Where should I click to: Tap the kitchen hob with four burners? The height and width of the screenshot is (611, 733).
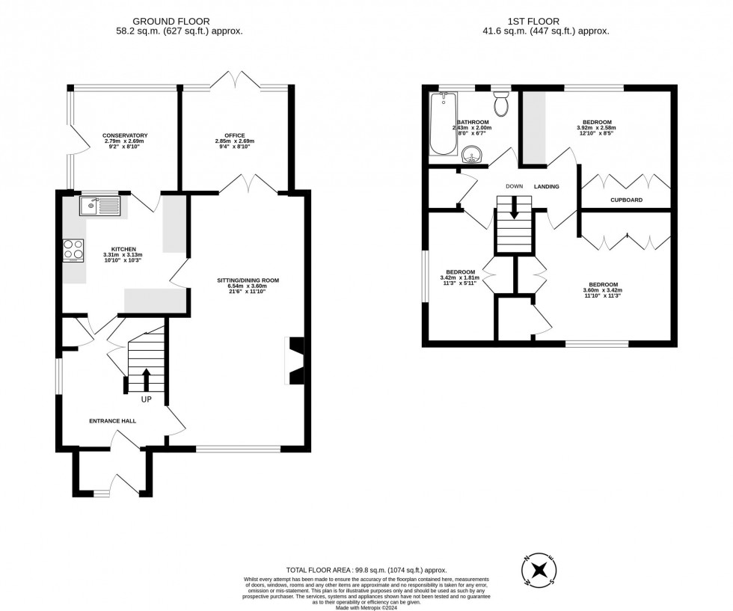point(73,248)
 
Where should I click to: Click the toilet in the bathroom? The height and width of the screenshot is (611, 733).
point(500,105)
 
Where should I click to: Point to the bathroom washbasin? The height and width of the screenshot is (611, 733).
point(473,155)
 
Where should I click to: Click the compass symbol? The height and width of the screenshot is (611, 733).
point(539,572)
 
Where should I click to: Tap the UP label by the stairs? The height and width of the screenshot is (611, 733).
point(147,399)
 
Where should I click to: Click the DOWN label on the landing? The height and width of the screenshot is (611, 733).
point(514,186)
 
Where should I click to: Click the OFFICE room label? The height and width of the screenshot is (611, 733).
point(235,135)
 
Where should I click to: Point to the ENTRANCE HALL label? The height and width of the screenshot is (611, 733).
point(113,421)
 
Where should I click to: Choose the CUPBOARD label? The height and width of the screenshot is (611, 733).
point(625,200)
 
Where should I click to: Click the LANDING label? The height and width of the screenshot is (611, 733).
point(546,186)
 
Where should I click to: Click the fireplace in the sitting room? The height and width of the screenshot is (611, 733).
point(296,362)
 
